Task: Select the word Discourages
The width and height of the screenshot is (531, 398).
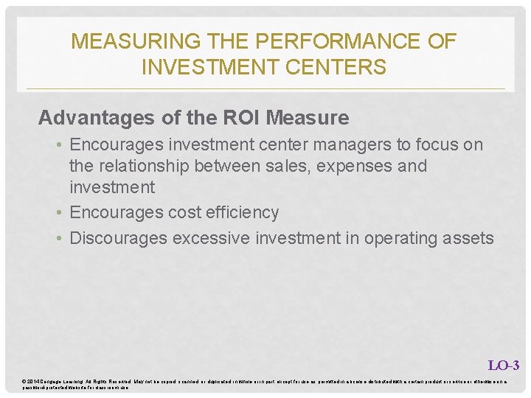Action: click(118, 238)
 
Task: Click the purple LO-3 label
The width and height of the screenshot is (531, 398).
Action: click(504, 365)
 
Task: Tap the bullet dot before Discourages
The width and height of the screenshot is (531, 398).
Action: click(60, 238)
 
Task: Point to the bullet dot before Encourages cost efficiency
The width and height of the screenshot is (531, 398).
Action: click(60, 213)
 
